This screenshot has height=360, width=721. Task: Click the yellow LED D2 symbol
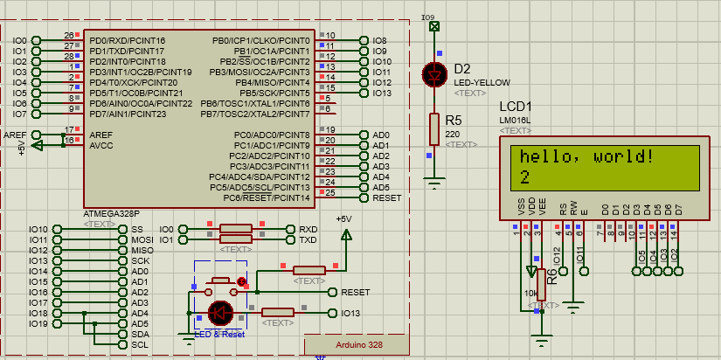(x=433, y=75)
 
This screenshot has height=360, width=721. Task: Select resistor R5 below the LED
(x=433, y=128)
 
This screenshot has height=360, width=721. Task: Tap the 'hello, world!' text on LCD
(x=586, y=157)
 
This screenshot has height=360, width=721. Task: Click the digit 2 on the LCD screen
(x=524, y=177)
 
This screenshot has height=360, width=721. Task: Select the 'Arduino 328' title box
(x=359, y=345)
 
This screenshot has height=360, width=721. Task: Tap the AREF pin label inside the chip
(x=101, y=135)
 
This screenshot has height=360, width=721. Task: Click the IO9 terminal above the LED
(x=433, y=26)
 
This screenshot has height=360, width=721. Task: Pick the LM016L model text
(x=516, y=120)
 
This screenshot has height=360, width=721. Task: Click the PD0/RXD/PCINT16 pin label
(x=127, y=41)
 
